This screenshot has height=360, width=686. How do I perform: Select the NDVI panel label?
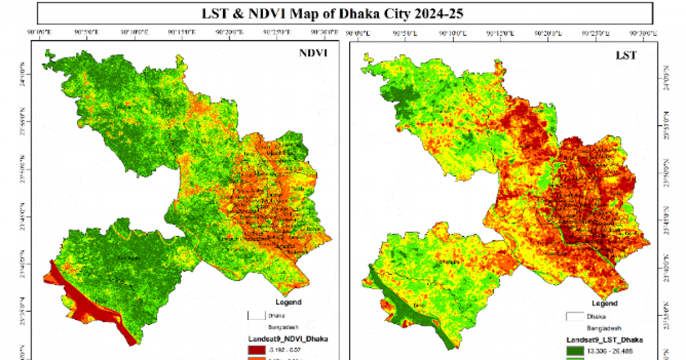[314, 54]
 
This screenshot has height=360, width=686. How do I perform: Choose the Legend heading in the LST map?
[604, 303]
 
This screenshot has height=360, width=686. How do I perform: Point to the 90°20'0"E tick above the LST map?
[547, 33]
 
